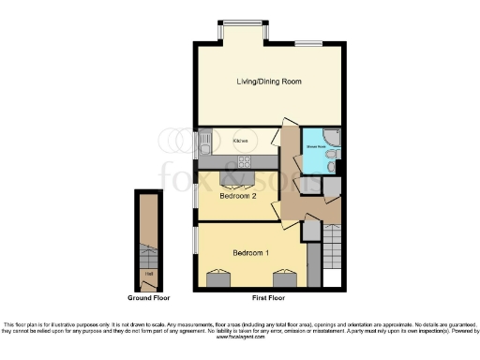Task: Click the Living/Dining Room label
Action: pyautogui.click(x=269, y=82)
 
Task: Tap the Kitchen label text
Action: pyautogui.click(x=239, y=141)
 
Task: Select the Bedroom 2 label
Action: pyautogui.click(x=237, y=196)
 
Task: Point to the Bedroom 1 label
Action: pyautogui.click(x=250, y=253)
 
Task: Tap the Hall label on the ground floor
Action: pyautogui.click(x=147, y=274)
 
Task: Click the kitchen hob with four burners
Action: pyautogui.click(x=205, y=161)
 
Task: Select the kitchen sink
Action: pyautogui.click(x=205, y=142)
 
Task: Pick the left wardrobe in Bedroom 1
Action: pyautogui.click(x=219, y=278)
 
